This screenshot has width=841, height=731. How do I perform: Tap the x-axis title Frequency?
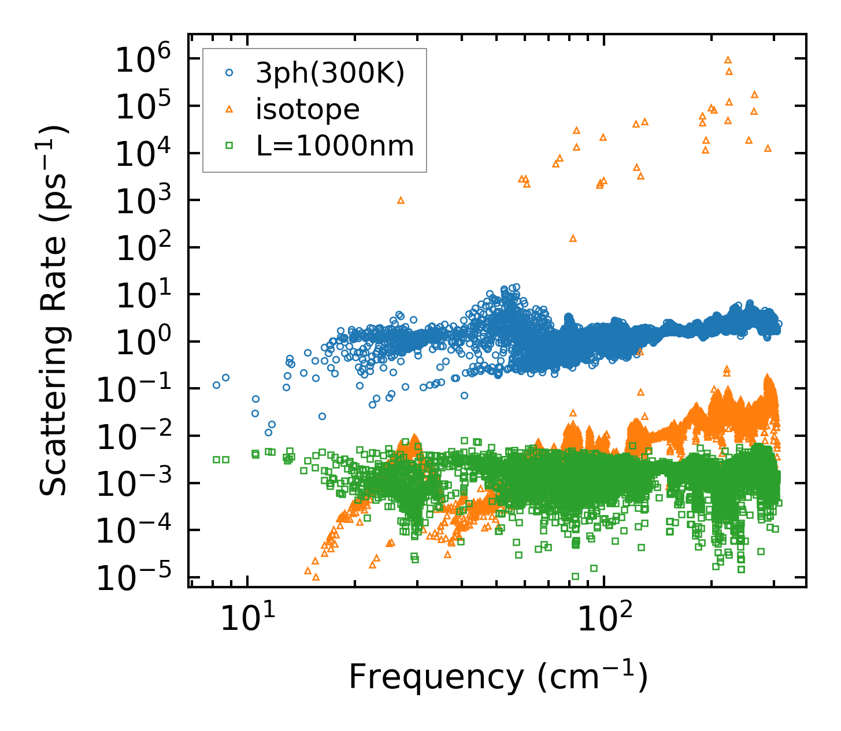[498, 677]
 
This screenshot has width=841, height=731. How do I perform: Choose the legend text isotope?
[307, 109]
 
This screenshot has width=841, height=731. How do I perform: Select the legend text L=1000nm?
[335, 146]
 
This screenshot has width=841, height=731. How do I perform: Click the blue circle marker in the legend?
[229, 73]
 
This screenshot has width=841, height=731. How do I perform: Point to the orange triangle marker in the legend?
[229, 109]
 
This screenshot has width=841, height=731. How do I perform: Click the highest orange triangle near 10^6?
[728, 60]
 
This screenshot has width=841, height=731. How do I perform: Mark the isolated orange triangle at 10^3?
[401, 201]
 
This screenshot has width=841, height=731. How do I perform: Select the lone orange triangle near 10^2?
[573, 238]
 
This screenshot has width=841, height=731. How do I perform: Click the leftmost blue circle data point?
[217, 385]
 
